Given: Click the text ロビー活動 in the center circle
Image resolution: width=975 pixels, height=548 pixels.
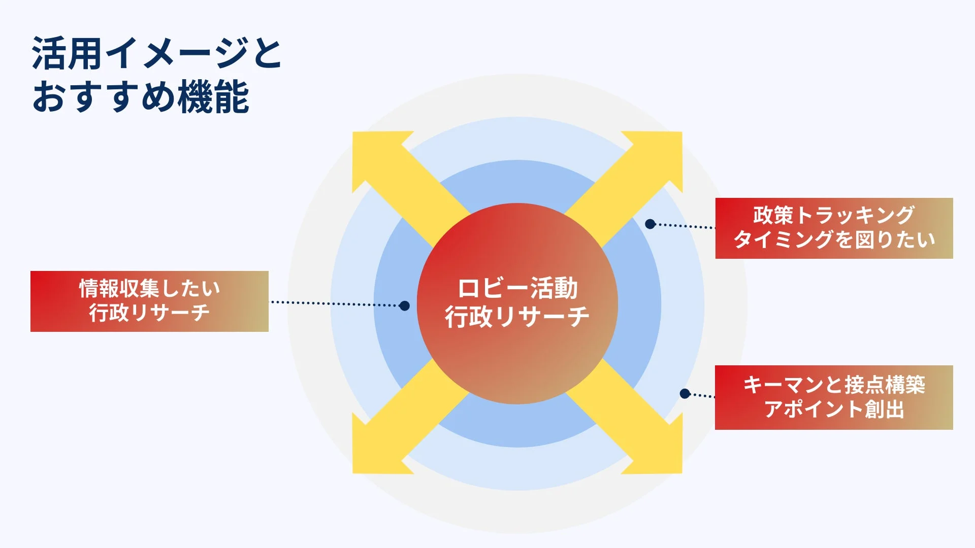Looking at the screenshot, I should click(517, 289).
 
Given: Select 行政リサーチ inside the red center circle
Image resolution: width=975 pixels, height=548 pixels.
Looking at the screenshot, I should click(517, 317).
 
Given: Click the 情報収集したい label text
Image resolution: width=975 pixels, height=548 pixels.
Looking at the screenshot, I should click(149, 289).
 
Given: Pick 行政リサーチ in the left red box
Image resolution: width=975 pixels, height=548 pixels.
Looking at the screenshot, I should click(149, 313).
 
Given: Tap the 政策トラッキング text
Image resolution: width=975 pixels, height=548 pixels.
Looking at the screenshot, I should click(834, 215).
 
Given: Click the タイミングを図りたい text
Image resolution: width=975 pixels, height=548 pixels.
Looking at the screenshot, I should click(834, 239).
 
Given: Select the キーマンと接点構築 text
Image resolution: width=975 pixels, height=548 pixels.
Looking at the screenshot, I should click(834, 385).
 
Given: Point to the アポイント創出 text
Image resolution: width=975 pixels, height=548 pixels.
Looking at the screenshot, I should click(834, 409).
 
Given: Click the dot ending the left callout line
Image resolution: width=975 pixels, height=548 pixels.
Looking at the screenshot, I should click(404, 305).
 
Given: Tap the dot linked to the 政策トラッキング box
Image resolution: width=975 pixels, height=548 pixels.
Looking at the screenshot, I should click(650, 224).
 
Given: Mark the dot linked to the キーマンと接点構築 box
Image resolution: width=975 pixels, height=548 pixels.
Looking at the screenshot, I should click(685, 394).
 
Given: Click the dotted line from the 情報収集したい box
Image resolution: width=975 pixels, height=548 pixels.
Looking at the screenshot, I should click(335, 303).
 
